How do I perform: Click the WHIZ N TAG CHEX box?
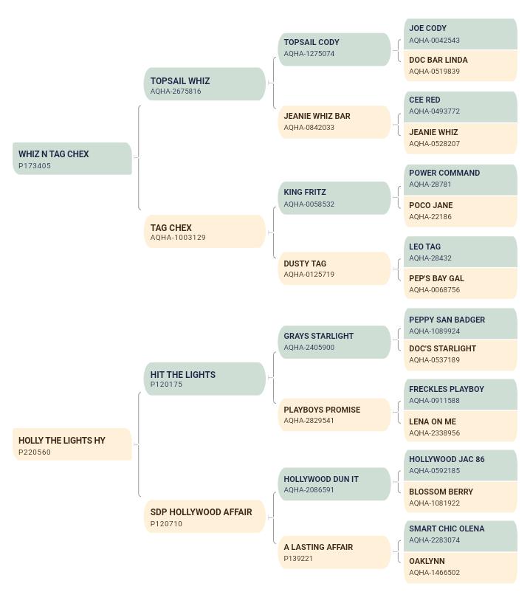[72, 159]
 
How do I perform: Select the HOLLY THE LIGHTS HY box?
[72, 444]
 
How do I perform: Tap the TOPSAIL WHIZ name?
[180, 81]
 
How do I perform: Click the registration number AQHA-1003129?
[178, 237]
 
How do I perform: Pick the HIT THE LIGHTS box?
[205, 379]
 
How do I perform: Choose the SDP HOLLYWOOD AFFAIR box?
[205, 517]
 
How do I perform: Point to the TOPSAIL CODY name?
[312, 42]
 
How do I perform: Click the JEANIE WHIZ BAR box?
[334, 122]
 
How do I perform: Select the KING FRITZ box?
[334, 198]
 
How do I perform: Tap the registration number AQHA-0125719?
[309, 275]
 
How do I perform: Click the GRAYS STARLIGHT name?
[319, 336]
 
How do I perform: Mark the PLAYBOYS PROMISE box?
[334, 415]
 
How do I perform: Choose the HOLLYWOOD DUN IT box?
[334, 484]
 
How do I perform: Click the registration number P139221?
[298, 559]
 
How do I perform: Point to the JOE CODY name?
[427, 28]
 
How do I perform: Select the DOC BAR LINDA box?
[461, 66]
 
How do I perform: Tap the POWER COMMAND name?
[444, 173]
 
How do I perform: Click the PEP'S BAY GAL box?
[461, 283]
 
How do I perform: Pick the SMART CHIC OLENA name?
[447, 528]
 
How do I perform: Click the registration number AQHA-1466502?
[435, 572]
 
